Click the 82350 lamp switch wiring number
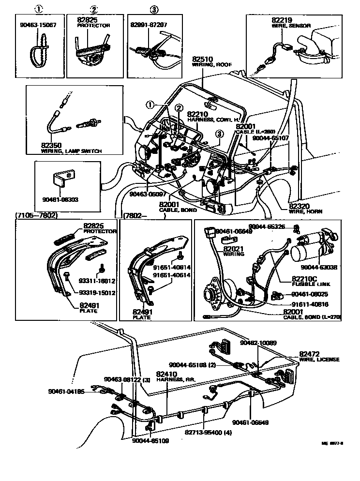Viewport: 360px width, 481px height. pyautogui.click(x=51, y=146)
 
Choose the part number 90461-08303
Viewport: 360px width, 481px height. pyautogui.click(x=61, y=199)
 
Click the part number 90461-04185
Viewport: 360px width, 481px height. pyautogui.click(x=66, y=391)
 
